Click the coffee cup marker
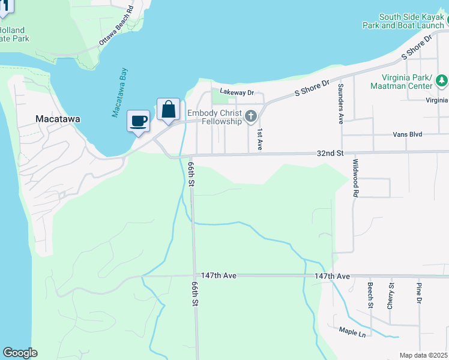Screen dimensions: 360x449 point(139,121)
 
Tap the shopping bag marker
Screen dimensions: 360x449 point(169,110)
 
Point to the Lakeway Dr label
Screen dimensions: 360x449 point(237,92)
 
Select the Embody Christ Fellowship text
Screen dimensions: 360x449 point(214,117)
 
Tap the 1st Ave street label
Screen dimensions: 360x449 point(260,139)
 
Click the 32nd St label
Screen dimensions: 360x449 point(331,154)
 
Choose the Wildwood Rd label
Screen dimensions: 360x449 point(355,178)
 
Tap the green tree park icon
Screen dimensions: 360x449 point(442,80)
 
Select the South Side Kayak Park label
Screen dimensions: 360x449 point(403,21)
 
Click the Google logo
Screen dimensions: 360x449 point(20,353)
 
